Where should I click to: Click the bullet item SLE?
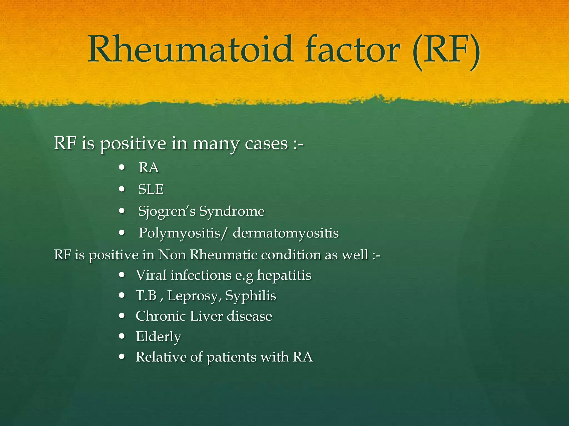tap(151, 189)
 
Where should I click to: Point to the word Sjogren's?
tap(167, 212)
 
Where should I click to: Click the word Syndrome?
tap(232, 212)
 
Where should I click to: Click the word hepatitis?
tap(284, 276)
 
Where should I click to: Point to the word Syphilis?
tap(251, 296)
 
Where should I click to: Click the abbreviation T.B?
tap(146, 296)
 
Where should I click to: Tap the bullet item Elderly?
tap(158, 337)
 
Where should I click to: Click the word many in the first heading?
tap(216, 144)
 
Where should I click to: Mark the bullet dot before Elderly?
tap(121, 336)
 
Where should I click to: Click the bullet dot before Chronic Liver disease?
tap(121, 316)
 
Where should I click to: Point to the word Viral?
tap(151, 275)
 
